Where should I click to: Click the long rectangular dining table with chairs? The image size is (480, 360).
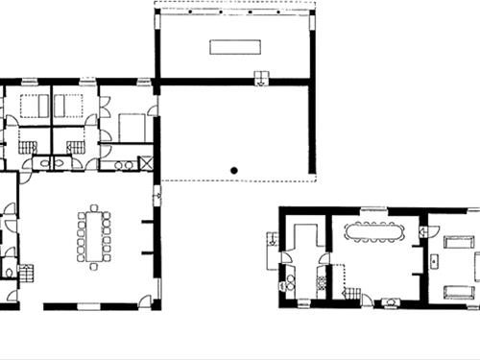pyautogui.click(x=93, y=235)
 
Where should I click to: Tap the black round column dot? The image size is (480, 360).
pyautogui.click(x=233, y=171)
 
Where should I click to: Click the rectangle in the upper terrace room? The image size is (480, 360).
pyautogui.click(x=234, y=48)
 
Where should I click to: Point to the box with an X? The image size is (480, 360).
pyautogui.click(x=146, y=163)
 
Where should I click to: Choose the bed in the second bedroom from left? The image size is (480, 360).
pyautogui.click(x=71, y=106)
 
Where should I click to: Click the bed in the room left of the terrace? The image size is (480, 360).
pyautogui.click(x=132, y=127)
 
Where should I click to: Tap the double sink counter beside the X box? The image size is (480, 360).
pyautogui.click(x=124, y=164)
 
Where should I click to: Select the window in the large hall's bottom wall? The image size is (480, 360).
pyautogui.click(x=88, y=306)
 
